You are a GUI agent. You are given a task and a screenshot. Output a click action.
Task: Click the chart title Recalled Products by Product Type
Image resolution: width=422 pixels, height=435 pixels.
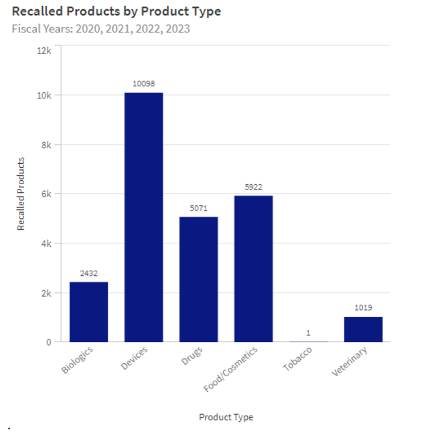point(116,11)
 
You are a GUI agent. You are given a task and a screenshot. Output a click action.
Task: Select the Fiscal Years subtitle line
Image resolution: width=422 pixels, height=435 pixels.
point(101,29)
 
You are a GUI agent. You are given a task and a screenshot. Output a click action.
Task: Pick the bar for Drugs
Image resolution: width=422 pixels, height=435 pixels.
point(198,279)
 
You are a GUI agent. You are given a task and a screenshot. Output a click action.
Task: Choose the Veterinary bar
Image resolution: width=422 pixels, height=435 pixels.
point(363,329)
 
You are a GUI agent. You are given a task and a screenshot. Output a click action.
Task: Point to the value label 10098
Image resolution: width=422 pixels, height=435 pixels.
point(144,84)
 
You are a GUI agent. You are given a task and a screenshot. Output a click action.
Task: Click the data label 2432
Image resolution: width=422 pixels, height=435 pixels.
point(89,274)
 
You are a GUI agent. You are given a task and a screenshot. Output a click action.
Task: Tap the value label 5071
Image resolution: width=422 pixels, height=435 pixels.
point(198,208)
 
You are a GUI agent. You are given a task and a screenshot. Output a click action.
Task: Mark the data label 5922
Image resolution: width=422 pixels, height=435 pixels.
point(253,187)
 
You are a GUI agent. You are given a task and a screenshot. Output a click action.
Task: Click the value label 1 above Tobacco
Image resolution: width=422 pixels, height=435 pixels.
point(308,333)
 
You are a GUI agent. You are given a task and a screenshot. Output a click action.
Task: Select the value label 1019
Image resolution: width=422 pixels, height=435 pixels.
point(363,308)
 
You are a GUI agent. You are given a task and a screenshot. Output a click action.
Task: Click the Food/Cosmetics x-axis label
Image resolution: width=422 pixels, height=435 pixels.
point(231,369)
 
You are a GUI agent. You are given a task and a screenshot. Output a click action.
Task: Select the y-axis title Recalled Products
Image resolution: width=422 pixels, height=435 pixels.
point(21,194)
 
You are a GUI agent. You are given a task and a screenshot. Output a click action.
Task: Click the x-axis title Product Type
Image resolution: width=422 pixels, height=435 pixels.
point(226,417)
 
